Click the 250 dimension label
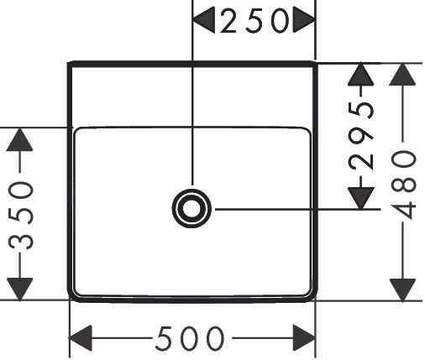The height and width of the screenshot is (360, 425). pos(254,21)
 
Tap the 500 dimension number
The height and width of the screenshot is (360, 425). pos(190,339)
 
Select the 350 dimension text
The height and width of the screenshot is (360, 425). pos(21,216)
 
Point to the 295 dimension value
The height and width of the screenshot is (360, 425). pos(361,136)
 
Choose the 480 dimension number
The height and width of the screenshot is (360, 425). pos(403,185)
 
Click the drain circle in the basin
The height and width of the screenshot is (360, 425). pos(192,208)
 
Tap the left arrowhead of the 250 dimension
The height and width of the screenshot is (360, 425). pos(204,20)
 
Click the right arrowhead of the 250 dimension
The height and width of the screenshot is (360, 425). pos(304,20)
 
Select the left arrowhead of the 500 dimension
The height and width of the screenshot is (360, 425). pos(81,338)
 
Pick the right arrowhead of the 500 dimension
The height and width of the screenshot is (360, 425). pos(304,338)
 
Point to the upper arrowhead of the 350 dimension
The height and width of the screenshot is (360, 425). pos(19,139)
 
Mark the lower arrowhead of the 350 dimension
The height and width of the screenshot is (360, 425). pos(19,290)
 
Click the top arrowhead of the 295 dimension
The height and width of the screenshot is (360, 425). pos(361,75)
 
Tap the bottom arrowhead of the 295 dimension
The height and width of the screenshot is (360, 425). pos(361,198)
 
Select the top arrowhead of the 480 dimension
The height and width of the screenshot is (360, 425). pos(402,74)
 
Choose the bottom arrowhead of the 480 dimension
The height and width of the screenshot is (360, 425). pos(402,290)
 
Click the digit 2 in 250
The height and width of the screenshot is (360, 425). pos(228,21)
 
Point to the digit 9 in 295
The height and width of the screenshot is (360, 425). pos(361,136)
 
